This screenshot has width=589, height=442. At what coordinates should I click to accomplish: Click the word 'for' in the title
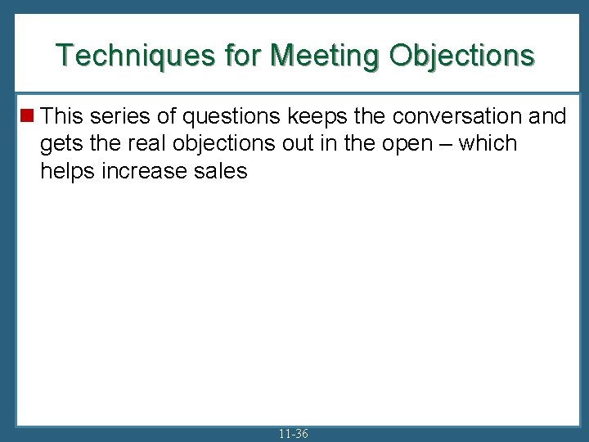[245, 55]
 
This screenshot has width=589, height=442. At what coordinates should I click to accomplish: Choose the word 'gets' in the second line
[59, 144]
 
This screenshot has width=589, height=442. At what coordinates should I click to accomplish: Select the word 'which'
[488, 143]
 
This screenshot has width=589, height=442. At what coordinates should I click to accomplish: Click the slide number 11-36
[294, 433]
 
